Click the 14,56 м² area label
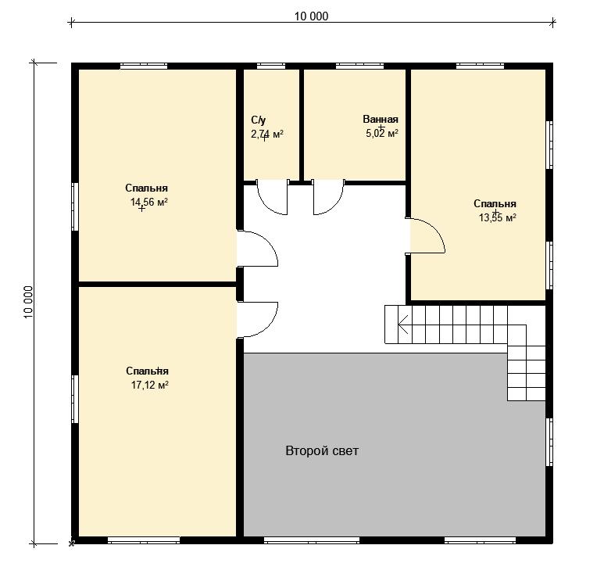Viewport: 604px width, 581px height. [x=149, y=202]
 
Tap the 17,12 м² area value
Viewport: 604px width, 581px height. [x=150, y=385]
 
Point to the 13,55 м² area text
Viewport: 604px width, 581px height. [x=497, y=218]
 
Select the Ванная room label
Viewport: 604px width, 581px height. [x=381, y=119]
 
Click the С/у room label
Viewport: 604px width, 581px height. [x=258, y=120]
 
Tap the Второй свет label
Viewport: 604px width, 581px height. [x=322, y=450]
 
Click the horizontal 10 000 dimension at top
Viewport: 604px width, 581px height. [x=312, y=16]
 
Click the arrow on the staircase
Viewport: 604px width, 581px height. [x=403, y=325]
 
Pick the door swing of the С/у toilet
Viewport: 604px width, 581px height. [x=273, y=197]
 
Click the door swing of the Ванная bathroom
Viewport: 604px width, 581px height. [x=328, y=197]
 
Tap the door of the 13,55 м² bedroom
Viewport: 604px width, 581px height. [x=426, y=236]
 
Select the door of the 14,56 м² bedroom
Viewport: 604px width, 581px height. [x=257, y=249]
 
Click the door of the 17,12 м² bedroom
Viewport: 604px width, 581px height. [x=257, y=320]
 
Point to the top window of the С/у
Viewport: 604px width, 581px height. [x=271, y=66]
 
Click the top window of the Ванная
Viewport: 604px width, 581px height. [x=359, y=66]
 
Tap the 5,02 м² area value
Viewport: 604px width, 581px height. [x=382, y=134]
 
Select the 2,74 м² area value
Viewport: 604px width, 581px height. [x=267, y=134]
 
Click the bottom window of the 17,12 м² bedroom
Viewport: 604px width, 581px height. [x=144, y=540]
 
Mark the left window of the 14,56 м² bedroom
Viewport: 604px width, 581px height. [x=75, y=206]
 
